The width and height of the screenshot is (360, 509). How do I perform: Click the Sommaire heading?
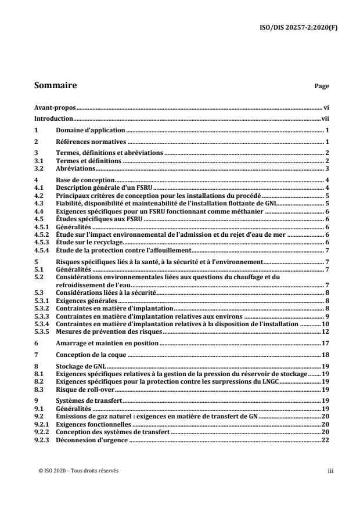pos(56,85)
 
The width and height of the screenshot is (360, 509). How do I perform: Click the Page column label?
pos(322,86)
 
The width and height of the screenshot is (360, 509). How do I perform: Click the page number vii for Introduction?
pos(326,118)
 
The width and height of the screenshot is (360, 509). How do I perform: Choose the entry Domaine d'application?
pos(91,131)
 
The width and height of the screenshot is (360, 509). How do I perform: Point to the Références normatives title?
pos(91,142)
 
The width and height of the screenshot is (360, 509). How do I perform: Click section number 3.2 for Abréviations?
pos(39,168)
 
